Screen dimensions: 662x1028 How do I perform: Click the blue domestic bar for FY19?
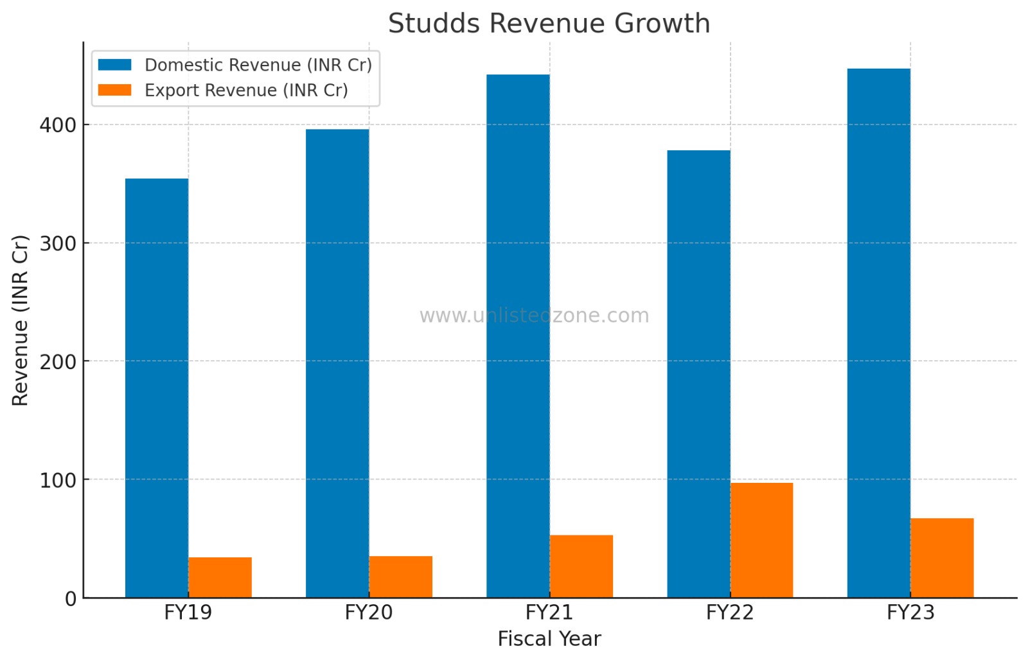(157, 388)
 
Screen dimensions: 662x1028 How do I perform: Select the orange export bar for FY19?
(220, 577)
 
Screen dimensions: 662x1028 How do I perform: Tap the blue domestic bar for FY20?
(337, 363)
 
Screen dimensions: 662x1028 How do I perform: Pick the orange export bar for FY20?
(400, 577)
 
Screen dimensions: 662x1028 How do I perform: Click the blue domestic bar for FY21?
(518, 336)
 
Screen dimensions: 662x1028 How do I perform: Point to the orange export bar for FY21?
(581, 566)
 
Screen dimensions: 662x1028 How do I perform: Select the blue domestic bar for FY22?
(698, 374)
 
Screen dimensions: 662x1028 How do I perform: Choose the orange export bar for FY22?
(761, 540)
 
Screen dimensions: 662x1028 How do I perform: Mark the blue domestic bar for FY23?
(878, 333)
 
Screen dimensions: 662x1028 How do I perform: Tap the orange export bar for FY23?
(942, 557)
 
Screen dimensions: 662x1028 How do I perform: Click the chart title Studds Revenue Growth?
(549, 24)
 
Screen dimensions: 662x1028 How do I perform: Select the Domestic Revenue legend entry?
(258, 65)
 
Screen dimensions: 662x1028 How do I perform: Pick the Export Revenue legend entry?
(246, 91)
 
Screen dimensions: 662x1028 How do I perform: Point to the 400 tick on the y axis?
(58, 125)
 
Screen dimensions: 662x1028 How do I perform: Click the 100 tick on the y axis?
(58, 480)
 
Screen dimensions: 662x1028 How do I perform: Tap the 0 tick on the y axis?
(71, 598)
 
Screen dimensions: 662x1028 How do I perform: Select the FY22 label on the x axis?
(729, 613)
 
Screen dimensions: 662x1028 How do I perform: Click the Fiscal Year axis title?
(549, 639)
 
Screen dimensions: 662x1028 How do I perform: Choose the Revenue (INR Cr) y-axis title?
(21, 320)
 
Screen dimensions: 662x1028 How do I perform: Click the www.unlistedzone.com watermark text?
(534, 315)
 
